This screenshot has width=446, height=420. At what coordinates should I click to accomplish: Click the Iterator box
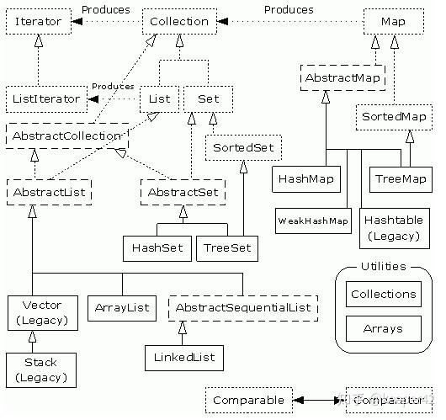38,21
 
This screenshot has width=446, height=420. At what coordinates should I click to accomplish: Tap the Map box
392,21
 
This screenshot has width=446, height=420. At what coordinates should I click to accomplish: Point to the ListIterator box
48,98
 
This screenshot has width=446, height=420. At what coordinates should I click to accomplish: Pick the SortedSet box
243,149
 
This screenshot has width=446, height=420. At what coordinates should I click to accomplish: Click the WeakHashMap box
312,221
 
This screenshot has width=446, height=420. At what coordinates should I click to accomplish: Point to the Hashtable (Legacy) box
391,227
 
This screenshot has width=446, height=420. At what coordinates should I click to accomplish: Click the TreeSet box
226,248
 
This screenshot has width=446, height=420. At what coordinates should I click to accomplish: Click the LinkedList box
184,357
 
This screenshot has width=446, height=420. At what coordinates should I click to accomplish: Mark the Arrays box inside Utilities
383,328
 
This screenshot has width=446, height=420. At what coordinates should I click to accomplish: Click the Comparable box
248,399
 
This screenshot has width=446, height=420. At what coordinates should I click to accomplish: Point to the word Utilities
383,267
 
